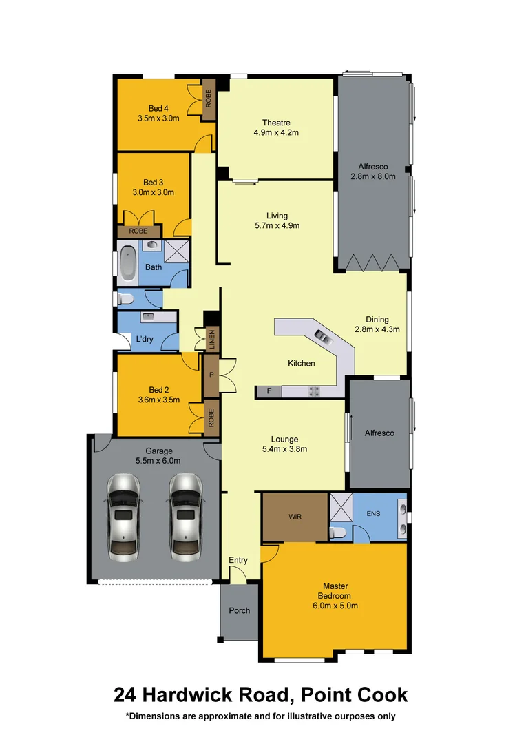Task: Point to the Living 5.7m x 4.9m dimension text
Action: [x=277, y=225]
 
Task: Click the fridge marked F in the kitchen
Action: [x=269, y=391]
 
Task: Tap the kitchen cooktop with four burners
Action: [x=314, y=391]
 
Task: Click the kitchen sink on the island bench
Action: [x=322, y=336]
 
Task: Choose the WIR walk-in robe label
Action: [x=294, y=515]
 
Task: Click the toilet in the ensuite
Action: [x=338, y=532]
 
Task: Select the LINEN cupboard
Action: [x=212, y=339]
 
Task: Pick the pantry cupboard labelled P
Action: [x=211, y=375]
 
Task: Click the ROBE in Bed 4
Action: [x=208, y=99]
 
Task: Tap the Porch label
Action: [x=239, y=610]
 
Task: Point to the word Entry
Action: [x=238, y=560]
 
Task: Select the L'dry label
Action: [x=144, y=340]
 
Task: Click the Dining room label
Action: [x=377, y=320]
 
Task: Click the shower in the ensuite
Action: [x=341, y=506]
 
